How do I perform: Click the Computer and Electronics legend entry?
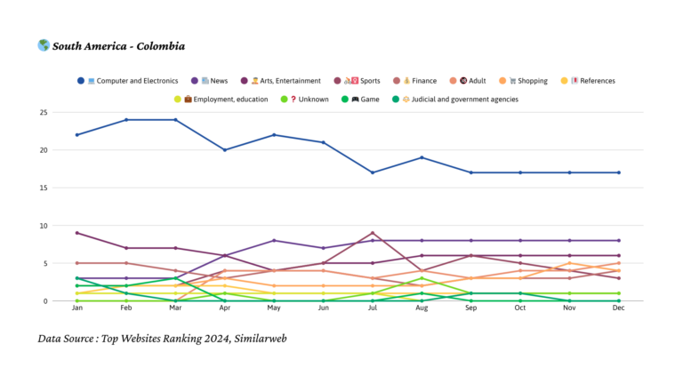pos(133,81)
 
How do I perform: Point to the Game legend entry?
pos(366,100)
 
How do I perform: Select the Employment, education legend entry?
pos(226,100)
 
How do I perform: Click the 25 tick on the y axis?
pos(43,113)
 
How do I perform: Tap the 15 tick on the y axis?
pos(43,188)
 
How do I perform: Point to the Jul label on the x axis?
pos(374,309)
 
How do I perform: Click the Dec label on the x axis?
pos(619,309)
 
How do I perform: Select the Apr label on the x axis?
pos(225,309)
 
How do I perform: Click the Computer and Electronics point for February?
pos(127,120)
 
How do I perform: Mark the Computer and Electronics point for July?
pos(374,172)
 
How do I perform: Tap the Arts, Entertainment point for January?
pos(78,233)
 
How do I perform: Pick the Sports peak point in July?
pos(374,233)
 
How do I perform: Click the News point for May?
pos(275,241)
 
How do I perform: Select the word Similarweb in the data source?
pos(258,339)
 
